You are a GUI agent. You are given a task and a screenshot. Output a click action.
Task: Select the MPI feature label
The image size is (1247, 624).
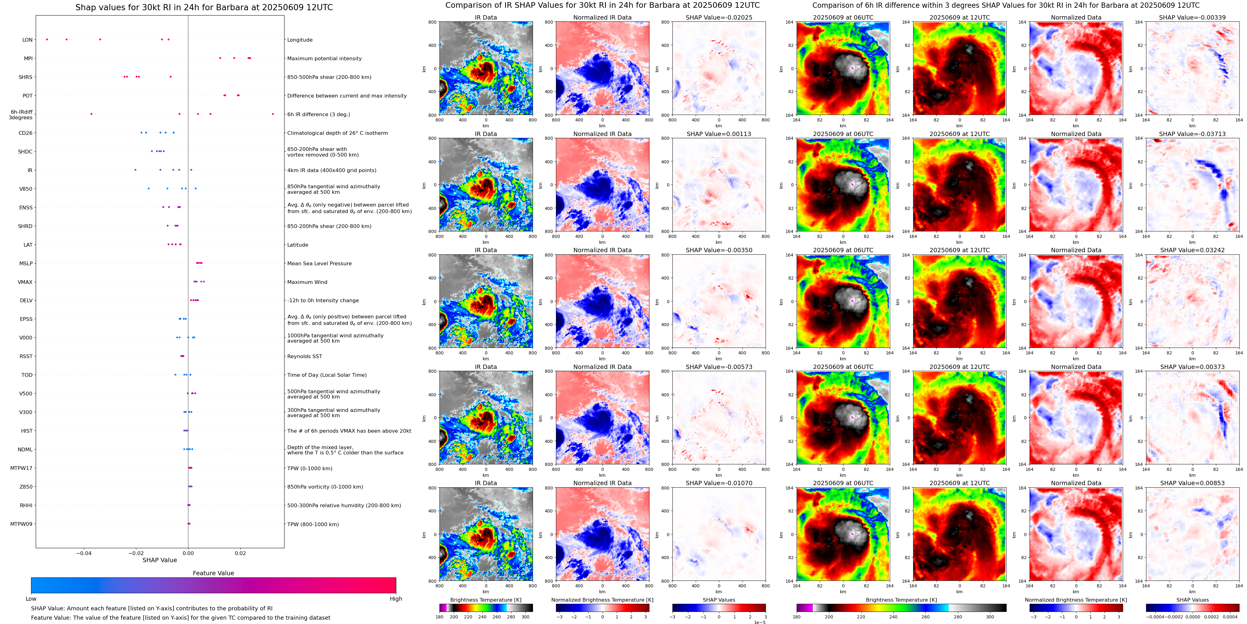tap(28, 59)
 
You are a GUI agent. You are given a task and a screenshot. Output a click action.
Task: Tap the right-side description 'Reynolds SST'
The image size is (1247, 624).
tap(304, 356)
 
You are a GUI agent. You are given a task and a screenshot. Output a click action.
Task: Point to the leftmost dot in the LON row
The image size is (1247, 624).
tap(47, 39)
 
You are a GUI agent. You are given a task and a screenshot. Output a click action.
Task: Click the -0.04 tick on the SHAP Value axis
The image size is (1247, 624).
tap(84, 553)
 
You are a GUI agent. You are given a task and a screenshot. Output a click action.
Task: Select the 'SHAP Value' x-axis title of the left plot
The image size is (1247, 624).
tap(159, 560)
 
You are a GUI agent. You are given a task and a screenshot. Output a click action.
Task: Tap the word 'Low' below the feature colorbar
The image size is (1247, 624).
tap(31, 599)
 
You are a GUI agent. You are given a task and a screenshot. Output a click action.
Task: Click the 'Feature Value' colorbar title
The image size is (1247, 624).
tap(213, 573)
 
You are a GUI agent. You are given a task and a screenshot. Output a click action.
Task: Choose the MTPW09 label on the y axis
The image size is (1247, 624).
tap(21, 524)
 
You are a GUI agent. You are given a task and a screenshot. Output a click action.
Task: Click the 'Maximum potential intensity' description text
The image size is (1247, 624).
tap(324, 59)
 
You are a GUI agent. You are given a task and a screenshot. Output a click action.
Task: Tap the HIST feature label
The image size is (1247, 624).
tap(27, 431)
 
